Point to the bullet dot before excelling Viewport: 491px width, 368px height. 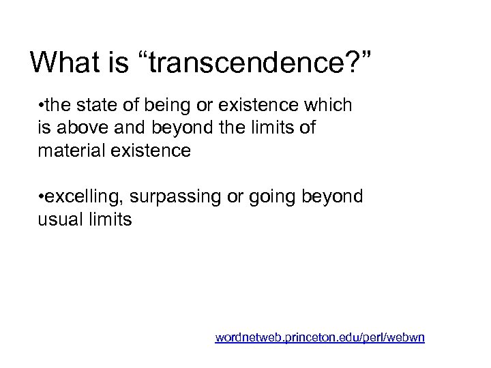pos(42,198)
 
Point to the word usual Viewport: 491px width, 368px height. pos(59,219)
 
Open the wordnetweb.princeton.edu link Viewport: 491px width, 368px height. pos(320,337)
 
